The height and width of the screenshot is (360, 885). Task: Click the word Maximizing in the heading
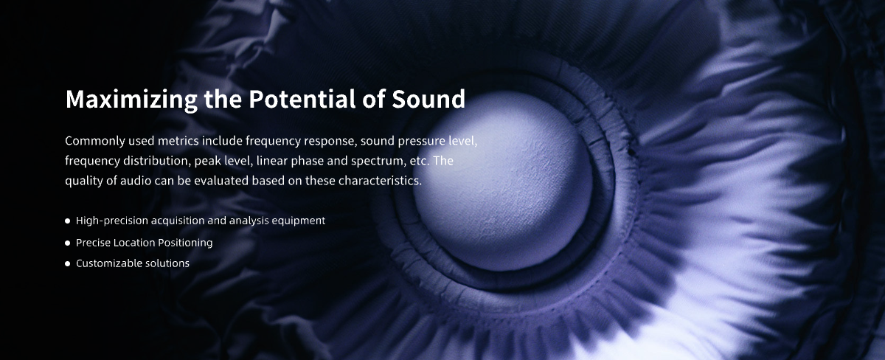131,100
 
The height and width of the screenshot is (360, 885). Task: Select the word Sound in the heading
428,99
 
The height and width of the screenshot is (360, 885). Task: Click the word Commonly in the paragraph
95,141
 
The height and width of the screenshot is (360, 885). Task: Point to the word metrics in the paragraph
178,141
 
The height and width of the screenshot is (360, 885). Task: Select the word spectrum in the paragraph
378,162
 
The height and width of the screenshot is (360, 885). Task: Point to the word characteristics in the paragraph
380,181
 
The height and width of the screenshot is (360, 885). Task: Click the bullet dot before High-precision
68,221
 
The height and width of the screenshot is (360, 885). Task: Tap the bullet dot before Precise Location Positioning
68,243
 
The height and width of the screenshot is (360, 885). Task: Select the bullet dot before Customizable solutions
68,263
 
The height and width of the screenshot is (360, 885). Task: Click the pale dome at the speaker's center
504,181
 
